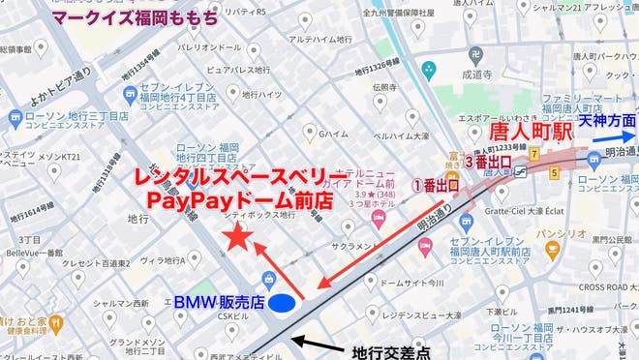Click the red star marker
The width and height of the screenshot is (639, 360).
click(x=235, y=237)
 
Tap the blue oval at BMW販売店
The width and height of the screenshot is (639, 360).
click(x=282, y=303)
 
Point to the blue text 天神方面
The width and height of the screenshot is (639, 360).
click(x=607, y=123)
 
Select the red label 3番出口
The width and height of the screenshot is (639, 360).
click(x=491, y=163)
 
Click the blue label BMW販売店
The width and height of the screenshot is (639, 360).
click(x=219, y=303)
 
